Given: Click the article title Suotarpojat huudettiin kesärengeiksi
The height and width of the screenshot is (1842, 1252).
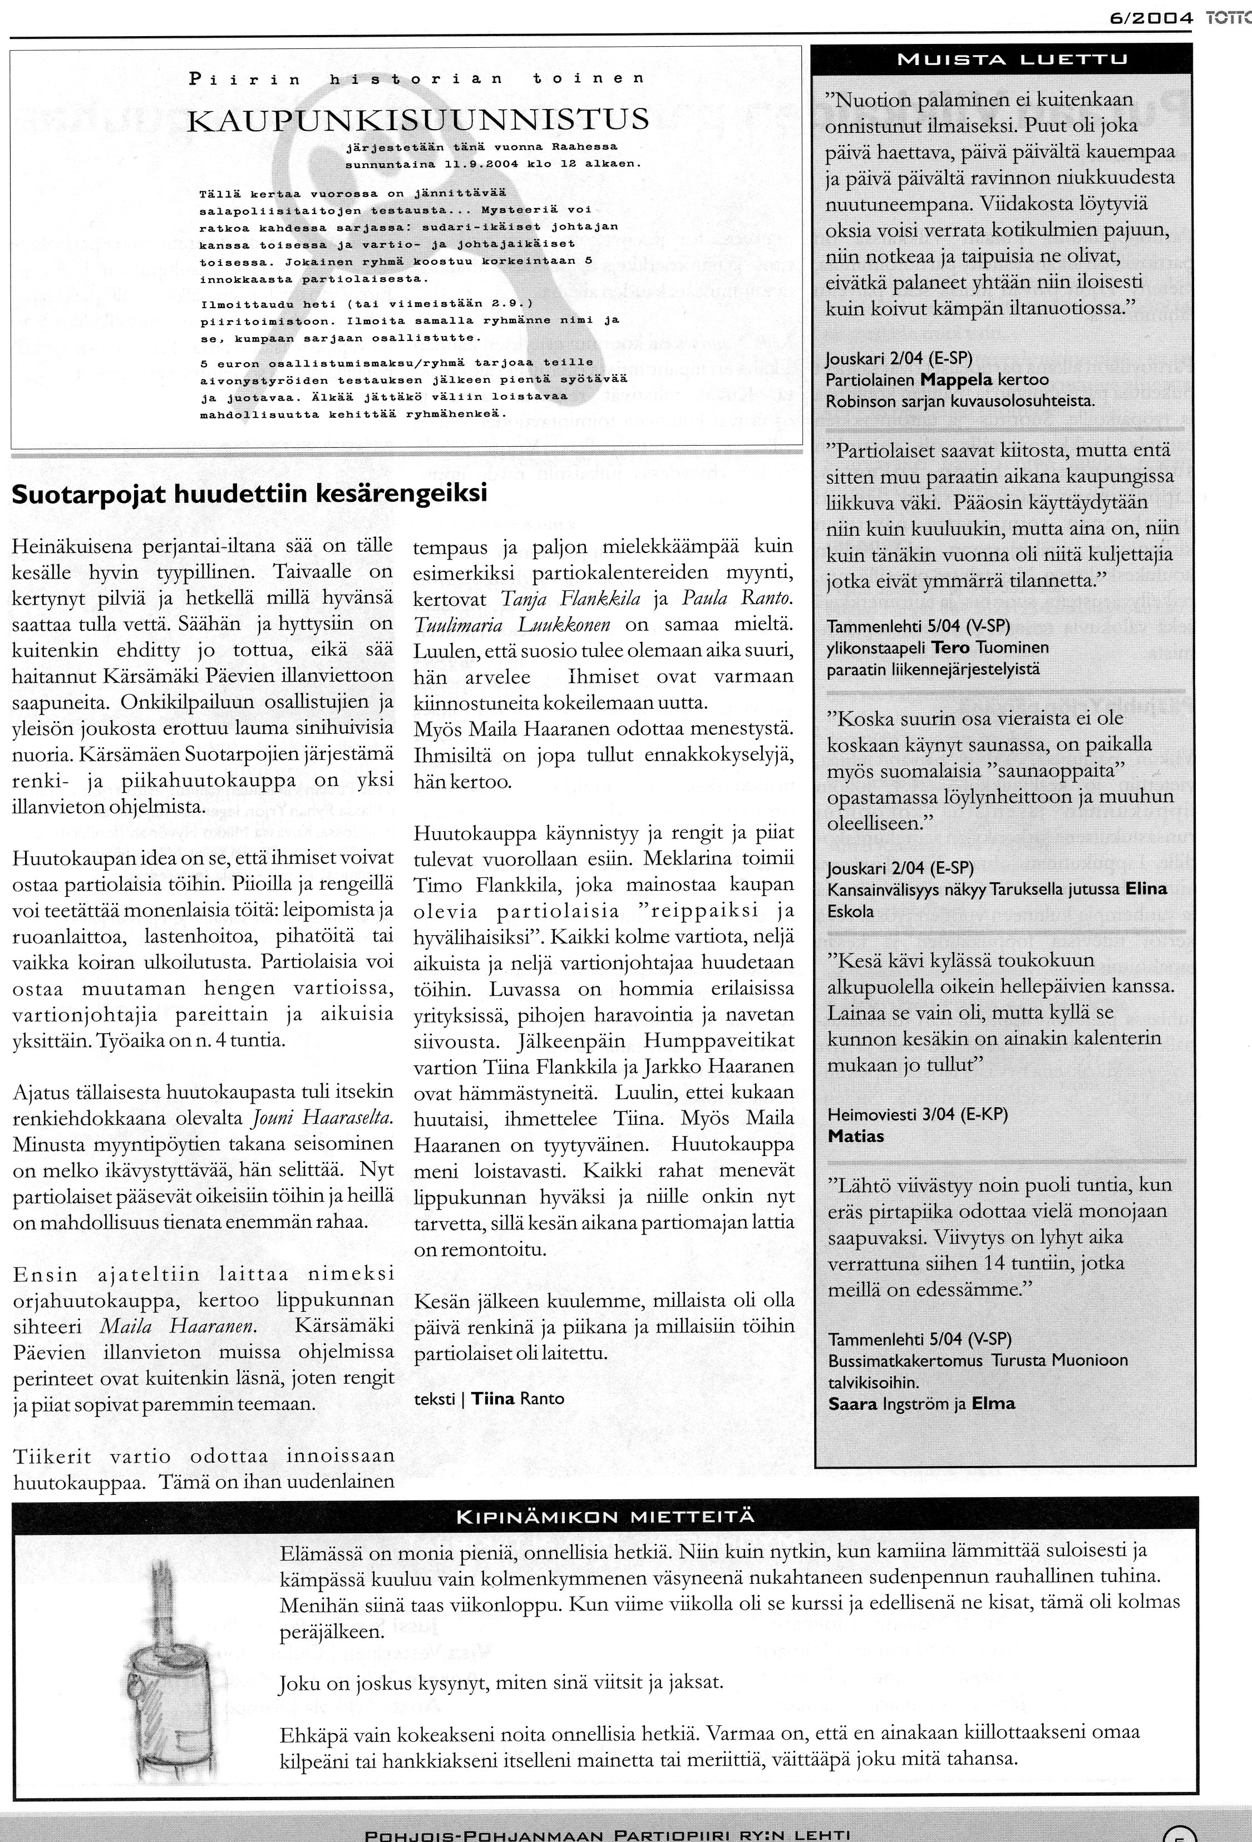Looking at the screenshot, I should click(x=249, y=494).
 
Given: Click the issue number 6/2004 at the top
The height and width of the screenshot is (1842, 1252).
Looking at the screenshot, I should click(x=1151, y=18).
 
